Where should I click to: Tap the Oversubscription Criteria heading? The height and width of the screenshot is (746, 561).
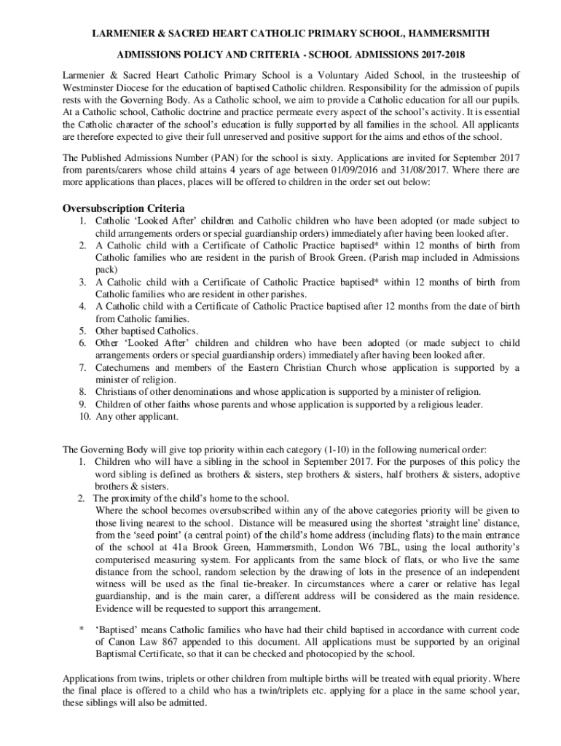(x=123, y=208)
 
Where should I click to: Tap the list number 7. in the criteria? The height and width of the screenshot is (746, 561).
(x=85, y=368)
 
